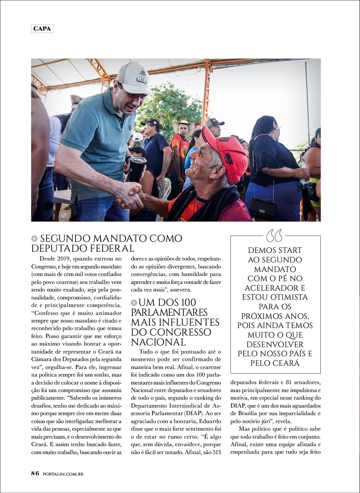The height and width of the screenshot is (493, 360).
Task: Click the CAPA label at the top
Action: (42, 29)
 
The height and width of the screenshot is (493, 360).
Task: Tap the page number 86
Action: (35, 474)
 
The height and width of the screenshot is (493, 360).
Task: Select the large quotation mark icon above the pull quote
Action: (274, 235)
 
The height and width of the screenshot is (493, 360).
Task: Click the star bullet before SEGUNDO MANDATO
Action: (35, 239)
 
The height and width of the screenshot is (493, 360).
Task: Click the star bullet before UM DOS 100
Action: (134, 303)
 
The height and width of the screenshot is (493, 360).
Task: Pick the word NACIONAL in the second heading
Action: (159, 342)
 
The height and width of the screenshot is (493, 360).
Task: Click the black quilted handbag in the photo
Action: (263, 208)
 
